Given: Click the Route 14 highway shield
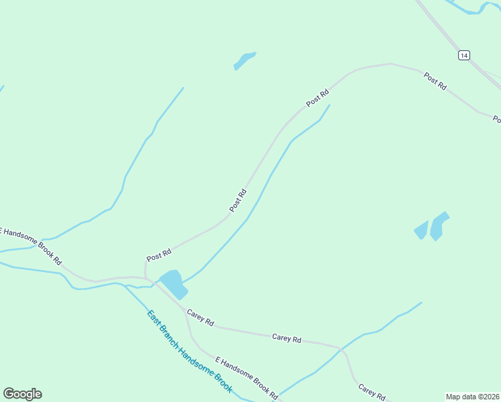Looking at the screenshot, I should pos(464,55).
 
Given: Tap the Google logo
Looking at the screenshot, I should pos(22,393).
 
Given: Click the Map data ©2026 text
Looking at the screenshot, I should pos(472,397).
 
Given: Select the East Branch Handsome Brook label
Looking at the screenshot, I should pos(190,352).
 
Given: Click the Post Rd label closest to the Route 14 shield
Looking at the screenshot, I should pos(435,81).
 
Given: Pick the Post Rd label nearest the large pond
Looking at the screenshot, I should pos(159,255).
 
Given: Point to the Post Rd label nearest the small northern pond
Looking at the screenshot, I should pos(317,98).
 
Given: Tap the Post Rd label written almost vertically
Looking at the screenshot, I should pos(238,201).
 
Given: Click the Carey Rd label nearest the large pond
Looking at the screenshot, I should pos(200,318).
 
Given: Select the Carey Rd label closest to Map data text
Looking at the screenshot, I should pos(371,391).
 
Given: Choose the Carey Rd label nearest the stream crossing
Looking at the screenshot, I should pos(287,338).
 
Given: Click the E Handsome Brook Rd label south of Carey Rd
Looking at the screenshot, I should pos(246,378).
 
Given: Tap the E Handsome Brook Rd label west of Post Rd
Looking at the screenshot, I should pos(29,245).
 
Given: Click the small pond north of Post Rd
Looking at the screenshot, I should pos(244,60).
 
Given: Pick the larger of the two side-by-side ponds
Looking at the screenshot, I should pos(439,226).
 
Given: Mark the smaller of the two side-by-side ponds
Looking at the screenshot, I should pos(421,230).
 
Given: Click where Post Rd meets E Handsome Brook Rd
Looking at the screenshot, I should pos(145,276).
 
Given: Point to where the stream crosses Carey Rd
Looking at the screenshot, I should pos(341,349).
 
